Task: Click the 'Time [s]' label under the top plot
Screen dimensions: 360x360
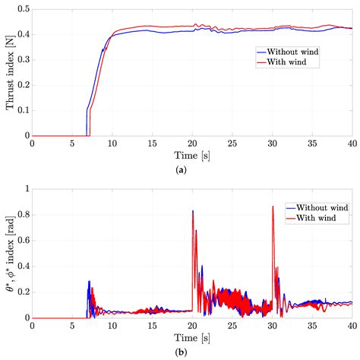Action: (x=192, y=155)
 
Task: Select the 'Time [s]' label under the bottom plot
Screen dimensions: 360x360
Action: (x=192, y=336)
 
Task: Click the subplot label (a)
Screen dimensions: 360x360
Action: (x=192, y=171)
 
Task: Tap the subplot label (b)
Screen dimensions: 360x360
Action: (x=192, y=352)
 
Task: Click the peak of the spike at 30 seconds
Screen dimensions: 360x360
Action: (x=273, y=207)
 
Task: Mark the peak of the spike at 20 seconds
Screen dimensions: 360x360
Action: (x=192, y=211)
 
